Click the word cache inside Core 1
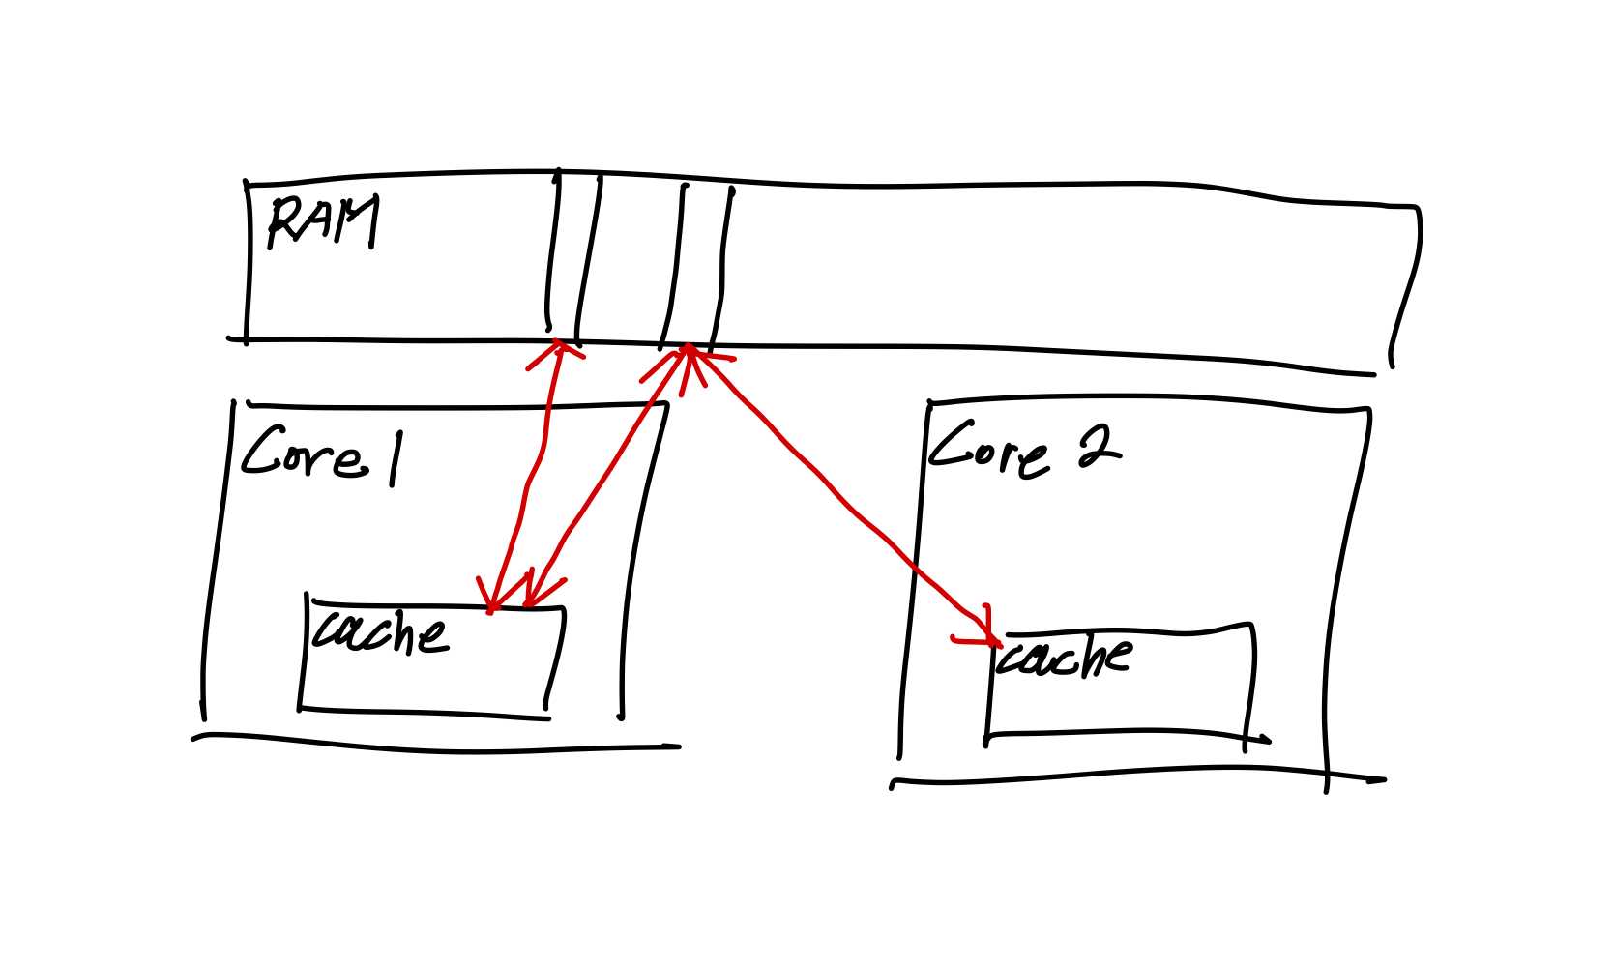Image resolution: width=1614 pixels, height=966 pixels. [380, 633]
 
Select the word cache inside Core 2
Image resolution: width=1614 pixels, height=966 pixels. [1064, 659]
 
